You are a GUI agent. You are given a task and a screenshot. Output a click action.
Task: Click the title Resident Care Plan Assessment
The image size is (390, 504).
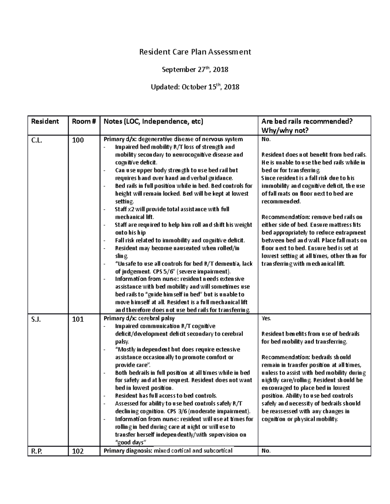(x=195, y=52)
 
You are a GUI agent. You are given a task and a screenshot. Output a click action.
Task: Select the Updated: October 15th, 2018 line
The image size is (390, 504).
(x=195, y=87)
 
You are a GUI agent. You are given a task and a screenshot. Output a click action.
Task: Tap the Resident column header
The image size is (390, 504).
(x=45, y=121)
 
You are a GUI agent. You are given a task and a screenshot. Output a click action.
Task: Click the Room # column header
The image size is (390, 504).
(x=84, y=121)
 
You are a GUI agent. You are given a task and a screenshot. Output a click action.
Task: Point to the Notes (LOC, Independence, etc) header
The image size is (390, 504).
(x=153, y=121)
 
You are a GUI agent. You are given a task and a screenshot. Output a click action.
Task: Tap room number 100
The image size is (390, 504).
(x=78, y=140)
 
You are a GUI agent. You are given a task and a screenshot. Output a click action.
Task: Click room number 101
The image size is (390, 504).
(x=78, y=319)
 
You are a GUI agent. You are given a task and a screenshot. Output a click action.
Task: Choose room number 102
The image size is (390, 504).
(x=78, y=451)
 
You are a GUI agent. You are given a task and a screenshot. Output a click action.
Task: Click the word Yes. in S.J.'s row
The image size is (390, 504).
(x=266, y=318)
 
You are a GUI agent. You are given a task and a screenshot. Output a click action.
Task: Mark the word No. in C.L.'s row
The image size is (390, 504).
(x=266, y=139)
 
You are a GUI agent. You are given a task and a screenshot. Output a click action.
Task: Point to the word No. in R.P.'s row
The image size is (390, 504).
(x=266, y=451)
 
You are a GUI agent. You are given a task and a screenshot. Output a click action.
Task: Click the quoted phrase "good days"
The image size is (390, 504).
(x=131, y=443)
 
